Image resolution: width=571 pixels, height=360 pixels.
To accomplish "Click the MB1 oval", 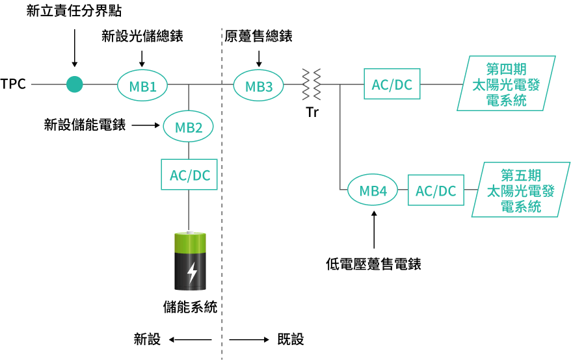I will click(x=142, y=86).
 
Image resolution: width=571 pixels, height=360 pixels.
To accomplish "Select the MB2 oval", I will click(x=189, y=127).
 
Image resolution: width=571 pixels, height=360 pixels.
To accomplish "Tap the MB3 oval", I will click(x=258, y=86).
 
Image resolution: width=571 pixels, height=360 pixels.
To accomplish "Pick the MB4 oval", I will click(x=373, y=190).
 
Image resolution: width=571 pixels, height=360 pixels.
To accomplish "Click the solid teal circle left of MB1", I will click(x=75, y=84).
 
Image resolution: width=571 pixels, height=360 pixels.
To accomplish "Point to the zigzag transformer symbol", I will click(x=311, y=84).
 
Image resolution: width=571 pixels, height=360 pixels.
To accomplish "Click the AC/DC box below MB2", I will click(x=189, y=175).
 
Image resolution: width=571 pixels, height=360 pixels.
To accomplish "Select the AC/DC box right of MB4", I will click(x=436, y=190).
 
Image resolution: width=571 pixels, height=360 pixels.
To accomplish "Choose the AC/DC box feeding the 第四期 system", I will click(x=392, y=84).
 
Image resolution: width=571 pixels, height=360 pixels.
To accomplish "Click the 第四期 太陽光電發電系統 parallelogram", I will click(x=506, y=84).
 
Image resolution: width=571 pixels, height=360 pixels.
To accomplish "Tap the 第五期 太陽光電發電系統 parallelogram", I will click(x=520, y=190).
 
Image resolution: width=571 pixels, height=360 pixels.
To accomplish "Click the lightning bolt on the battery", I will click(x=192, y=273).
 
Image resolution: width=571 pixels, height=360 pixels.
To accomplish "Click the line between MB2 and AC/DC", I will click(x=189, y=151).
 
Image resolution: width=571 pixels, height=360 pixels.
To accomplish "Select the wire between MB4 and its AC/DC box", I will click(x=403, y=190).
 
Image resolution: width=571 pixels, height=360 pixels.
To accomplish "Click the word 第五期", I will click(x=521, y=175).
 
